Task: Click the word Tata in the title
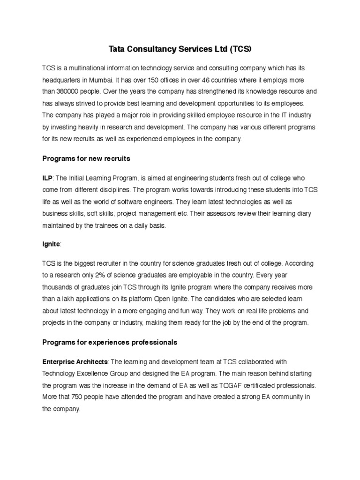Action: pyautogui.click(x=117, y=48)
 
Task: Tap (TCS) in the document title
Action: pyautogui.click(x=239, y=48)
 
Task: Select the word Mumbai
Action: pyautogui.click(x=108, y=80)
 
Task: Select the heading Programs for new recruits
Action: pyautogui.click(x=86, y=159)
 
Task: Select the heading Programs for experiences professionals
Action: pyautogui.click(x=110, y=342)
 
